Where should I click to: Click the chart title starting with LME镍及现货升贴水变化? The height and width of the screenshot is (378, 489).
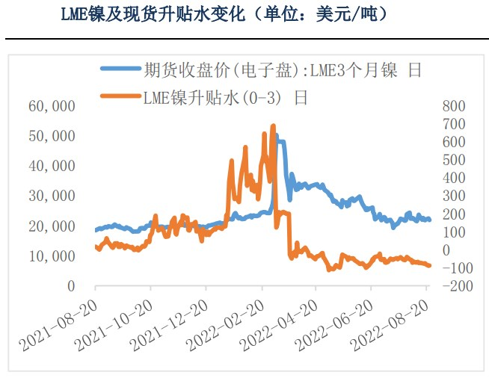(224, 14)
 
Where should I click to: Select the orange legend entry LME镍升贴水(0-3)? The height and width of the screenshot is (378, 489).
(225, 96)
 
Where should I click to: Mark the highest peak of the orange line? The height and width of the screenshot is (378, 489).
(273, 126)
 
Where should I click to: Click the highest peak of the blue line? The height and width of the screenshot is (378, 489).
(278, 137)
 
